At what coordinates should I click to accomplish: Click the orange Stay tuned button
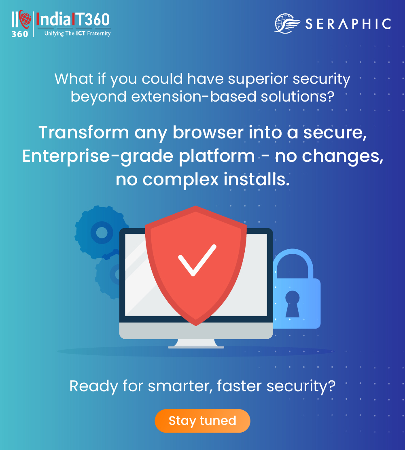pyautogui.click(x=202, y=421)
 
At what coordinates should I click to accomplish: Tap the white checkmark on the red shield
pyautogui.click(x=197, y=260)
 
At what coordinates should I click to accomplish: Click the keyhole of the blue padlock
pyautogui.click(x=293, y=304)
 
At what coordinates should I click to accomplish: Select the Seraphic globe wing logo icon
pyautogui.click(x=287, y=23)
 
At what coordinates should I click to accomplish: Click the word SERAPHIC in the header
pyautogui.click(x=348, y=24)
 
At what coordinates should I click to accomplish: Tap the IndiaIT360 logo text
pyautogui.click(x=73, y=20)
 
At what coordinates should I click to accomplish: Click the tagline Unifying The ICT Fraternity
pyautogui.click(x=78, y=34)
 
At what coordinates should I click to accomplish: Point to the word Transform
pyautogui.click(x=84, y=133)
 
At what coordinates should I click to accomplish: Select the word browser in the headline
pyautogui.click(x=208, y=133)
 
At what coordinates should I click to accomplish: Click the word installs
pyautogui.click(x=257, y=180)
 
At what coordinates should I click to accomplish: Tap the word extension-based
pyautogui.click(x=194, y=96)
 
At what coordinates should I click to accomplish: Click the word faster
pyautogui.click(x=240, y=386)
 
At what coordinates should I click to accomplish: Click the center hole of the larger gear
pyautogui.click(x=102, y=232)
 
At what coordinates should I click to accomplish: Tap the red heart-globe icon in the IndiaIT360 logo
pyautogui.click(x=25, y=19)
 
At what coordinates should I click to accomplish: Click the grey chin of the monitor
pyautogui.click(x=196, y=331)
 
